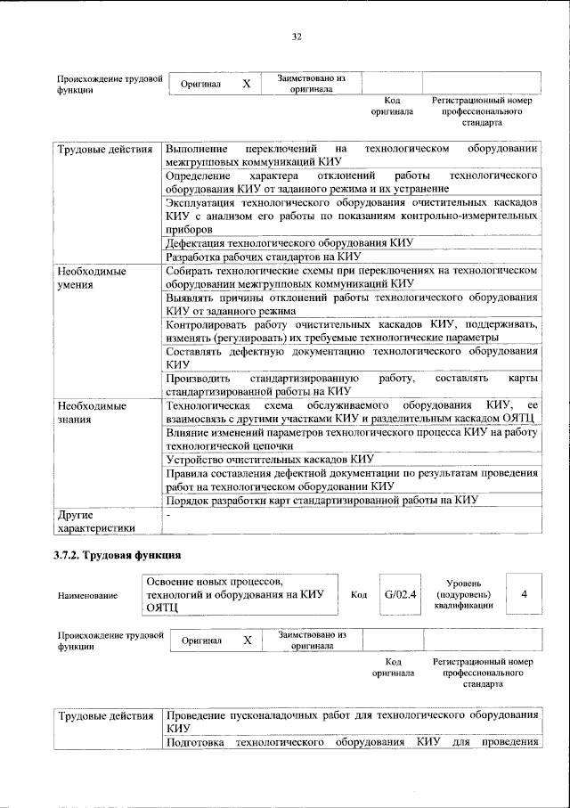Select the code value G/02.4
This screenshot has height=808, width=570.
(x=401, y=593)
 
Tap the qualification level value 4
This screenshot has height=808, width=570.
(x=524, y=593)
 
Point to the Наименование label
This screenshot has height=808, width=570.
(x=87, y=594)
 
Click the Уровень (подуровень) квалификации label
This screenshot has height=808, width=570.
(x=463, y=593)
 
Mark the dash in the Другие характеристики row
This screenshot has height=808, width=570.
(x=168, y=515)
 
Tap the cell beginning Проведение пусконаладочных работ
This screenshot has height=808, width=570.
(x=352, y=722)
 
